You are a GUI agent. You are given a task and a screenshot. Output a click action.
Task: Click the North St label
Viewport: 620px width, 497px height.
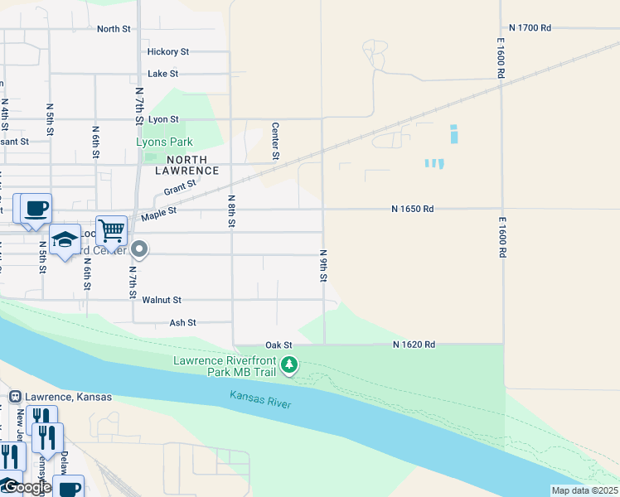[x=114, y=29]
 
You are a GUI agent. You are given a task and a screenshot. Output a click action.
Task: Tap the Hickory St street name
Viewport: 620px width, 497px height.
[x=168, y=51]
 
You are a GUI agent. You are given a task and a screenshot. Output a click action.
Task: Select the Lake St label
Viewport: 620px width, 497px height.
[x=162, y=74]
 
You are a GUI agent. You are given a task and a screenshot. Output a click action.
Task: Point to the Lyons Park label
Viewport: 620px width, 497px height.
[x=164, y=142]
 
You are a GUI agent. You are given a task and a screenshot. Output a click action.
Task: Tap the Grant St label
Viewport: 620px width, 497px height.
[x=180, y=189]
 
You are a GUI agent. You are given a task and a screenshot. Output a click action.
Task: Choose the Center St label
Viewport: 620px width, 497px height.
[x=275, y=141]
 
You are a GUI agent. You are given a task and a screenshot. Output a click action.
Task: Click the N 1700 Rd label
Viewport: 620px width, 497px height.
[x=530, y=27]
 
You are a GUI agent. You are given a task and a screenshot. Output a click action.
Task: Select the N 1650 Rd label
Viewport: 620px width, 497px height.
[x=413, y=210]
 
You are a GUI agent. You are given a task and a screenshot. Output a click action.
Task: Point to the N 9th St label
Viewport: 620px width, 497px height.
[x=323, y=265]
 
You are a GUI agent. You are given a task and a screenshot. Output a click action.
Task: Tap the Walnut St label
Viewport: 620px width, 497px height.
[x=161, y=300]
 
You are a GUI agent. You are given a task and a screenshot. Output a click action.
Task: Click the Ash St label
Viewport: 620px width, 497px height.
[x=182, y=322]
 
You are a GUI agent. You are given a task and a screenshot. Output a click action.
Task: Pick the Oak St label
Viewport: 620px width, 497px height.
[x=279, y=345]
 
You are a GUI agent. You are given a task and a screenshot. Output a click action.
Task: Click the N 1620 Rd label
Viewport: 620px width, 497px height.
[x=414, y=345]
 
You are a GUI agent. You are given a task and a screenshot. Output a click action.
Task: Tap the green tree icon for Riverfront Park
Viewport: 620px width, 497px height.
[x=289, y=364]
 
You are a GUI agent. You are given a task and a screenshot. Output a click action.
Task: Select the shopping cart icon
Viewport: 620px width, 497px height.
[x=111, y=229]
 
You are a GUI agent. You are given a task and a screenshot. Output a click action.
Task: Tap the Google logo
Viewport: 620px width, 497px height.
[x=27, y=487]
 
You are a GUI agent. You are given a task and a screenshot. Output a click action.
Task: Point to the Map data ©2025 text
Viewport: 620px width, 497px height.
[x=584, y=490]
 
